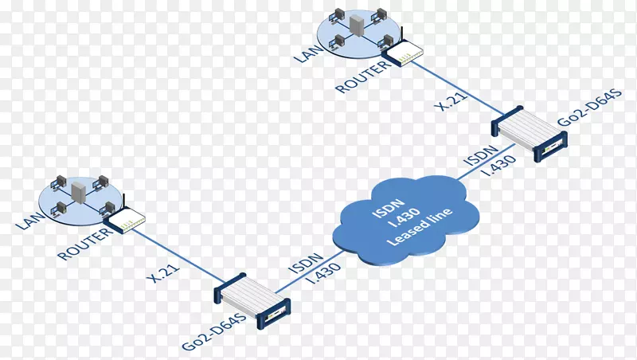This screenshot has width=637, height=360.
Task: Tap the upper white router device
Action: [x=403, y=53]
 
